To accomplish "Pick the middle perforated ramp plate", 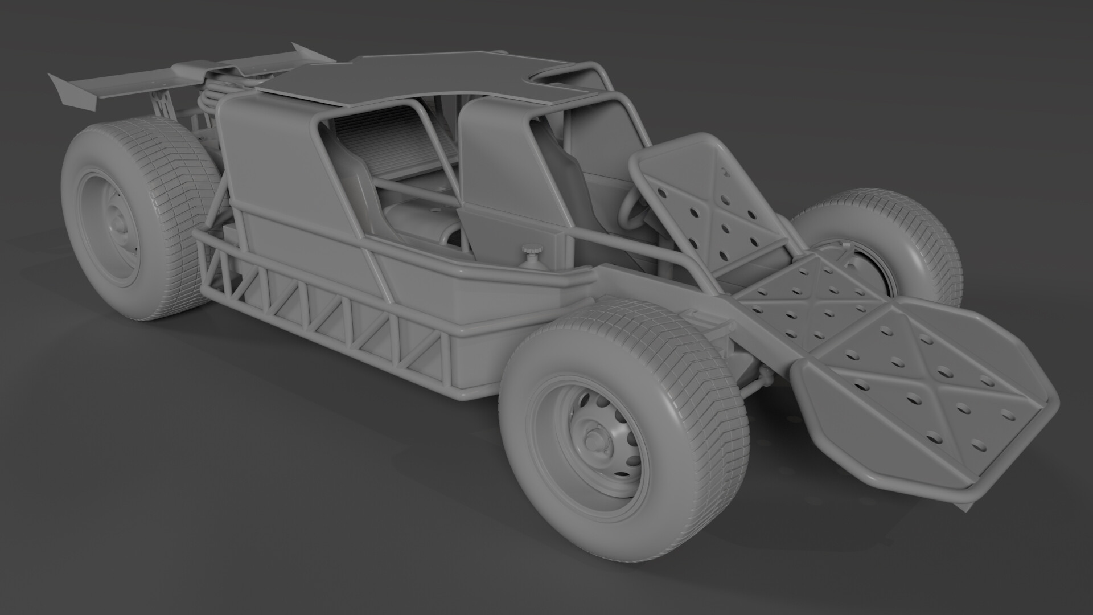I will (808, 296).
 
